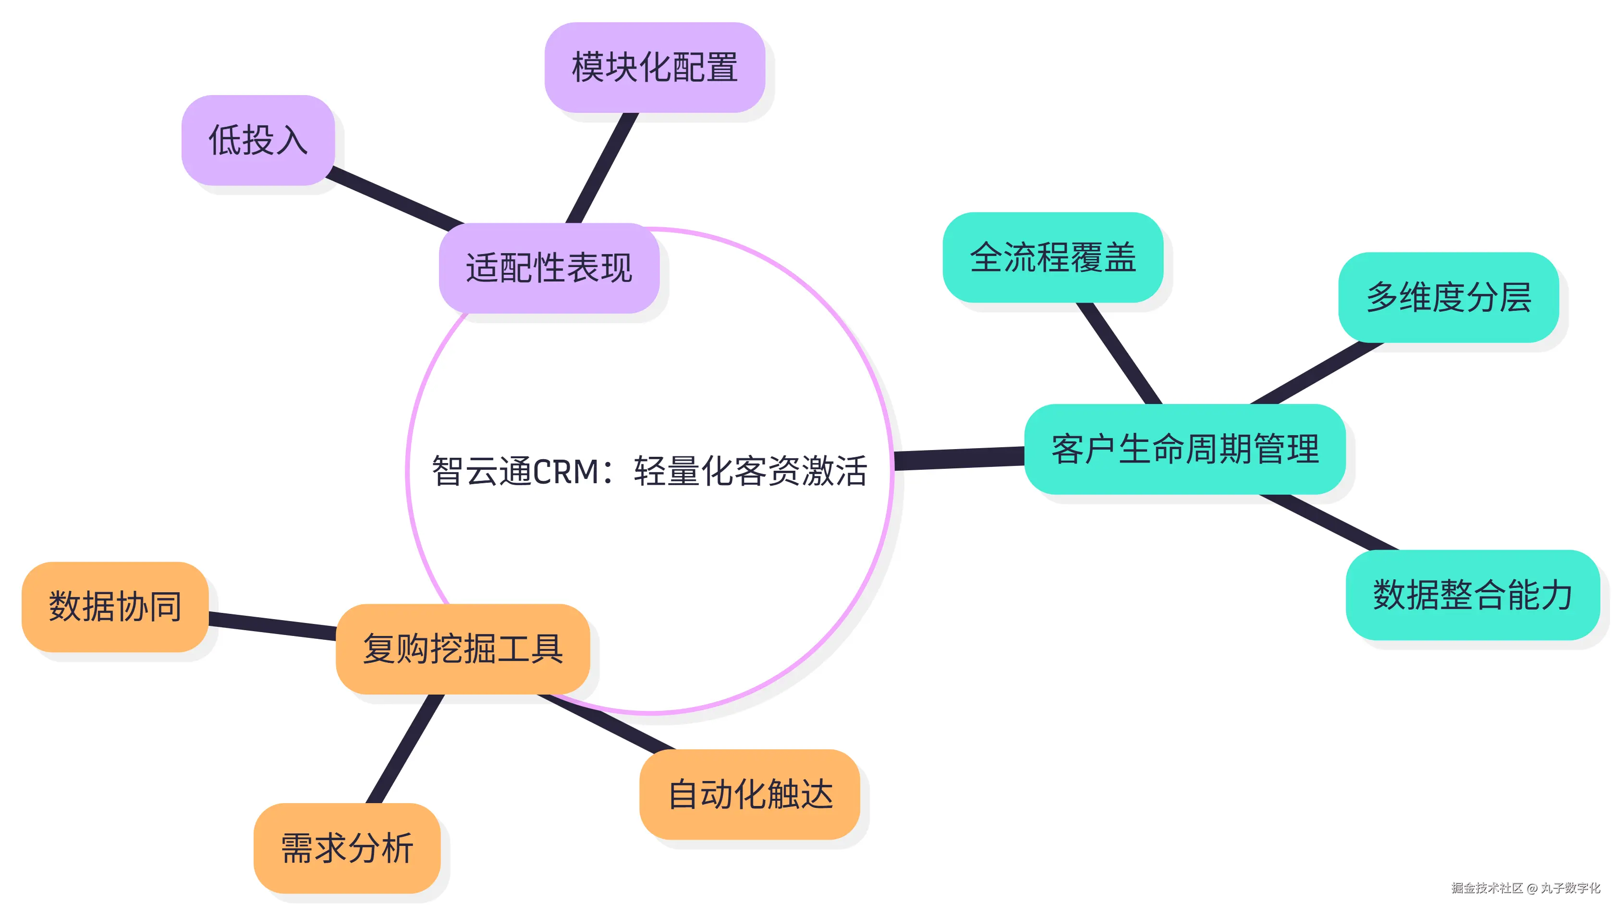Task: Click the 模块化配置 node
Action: click(654, 67)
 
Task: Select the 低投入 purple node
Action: click(257, 140)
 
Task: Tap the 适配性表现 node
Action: click(549, 268)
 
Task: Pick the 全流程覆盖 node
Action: click(1052, 257)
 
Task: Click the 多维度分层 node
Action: click(1448, 297)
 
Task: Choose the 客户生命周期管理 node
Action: click(1184, 449)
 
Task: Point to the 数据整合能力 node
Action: click(1472, 595)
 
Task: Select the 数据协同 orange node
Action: click(115, 607)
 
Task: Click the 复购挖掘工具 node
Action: click(463, 649)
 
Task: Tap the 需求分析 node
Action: click(347, 848)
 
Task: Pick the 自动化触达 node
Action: click(749, 794)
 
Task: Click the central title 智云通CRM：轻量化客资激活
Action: click(649, 471)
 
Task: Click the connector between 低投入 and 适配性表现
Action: click(395, 198)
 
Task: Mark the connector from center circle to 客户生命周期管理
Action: click(959, 458)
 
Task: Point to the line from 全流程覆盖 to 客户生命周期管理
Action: click(1119, 353)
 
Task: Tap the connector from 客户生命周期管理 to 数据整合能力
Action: click(1329, 522)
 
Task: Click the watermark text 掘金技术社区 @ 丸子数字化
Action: click(1525, 888)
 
